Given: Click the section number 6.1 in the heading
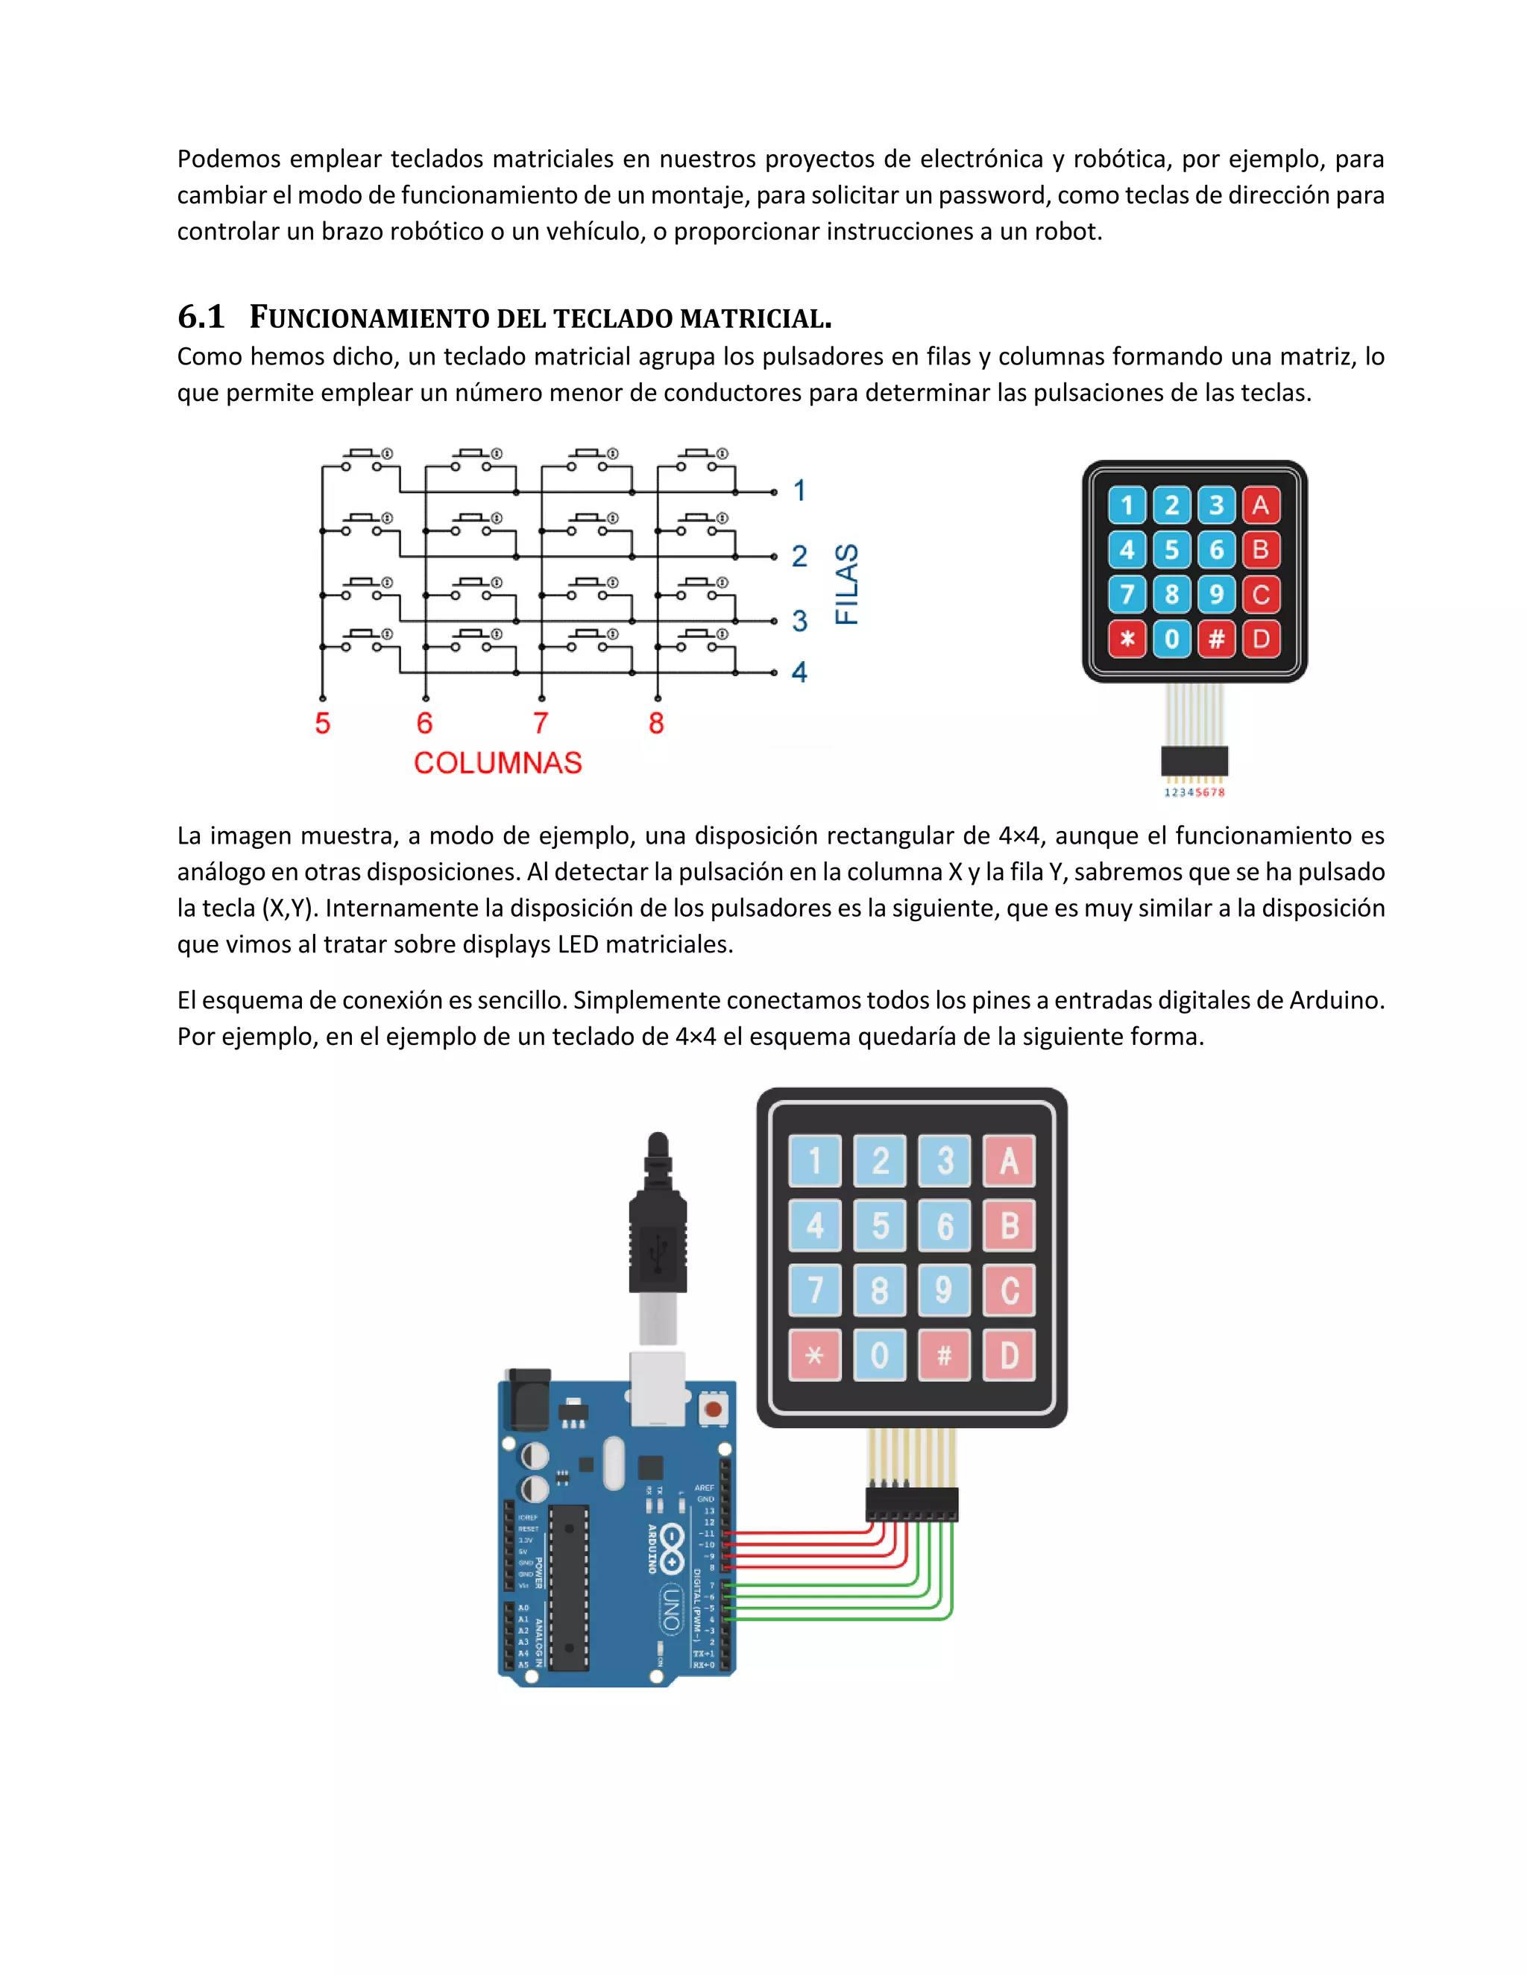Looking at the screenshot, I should tap(201, 317).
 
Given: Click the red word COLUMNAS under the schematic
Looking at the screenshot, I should tap(497, 763).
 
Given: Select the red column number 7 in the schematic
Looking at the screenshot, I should tap(540, 724).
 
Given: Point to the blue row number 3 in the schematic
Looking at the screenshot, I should tap(799, 622).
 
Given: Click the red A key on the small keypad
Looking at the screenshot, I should tap(1260, 505).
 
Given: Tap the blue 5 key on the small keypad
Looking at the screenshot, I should tap(1171, 550).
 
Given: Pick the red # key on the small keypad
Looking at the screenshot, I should tap(1216, 639).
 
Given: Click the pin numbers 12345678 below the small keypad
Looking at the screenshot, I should tap(1194, 793).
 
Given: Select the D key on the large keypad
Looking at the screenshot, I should tap(1009, 1356).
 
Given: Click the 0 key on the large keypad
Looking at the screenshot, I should tap(879, 1356).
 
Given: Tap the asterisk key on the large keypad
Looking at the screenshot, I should tap(814, 1356).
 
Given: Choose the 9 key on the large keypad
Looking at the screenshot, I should tap(943, 1290).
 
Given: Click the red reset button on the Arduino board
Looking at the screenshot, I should tap(713, 1409).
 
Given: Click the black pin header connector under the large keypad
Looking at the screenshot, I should tap(911, 1505).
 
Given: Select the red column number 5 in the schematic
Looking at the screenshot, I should tap(322, 724).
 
